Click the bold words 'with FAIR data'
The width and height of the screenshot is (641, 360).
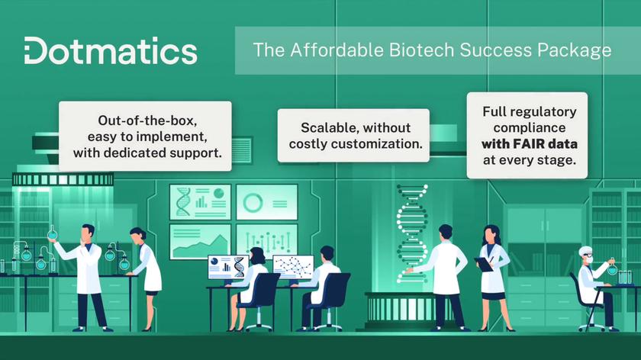click(529, 143)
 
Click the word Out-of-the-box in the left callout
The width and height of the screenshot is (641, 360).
click(144, 120)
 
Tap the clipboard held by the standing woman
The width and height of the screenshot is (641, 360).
click(483, 264)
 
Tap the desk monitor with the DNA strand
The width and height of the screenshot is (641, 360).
click(227, 265)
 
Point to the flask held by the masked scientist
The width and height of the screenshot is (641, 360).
click(612, 268)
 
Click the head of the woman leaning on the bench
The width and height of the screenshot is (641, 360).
click(137, 234)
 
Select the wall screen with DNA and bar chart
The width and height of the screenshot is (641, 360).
click(200, 201)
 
